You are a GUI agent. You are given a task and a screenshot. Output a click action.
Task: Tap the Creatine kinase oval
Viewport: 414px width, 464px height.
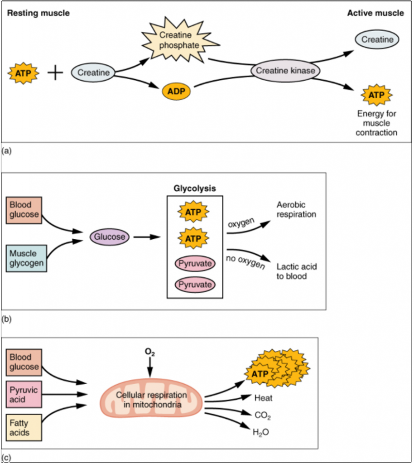coord(285,71)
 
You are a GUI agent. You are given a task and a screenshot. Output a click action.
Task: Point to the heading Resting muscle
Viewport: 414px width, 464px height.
coord(38,13)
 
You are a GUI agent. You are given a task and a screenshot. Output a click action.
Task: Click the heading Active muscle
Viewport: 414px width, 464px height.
coord(375,13)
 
